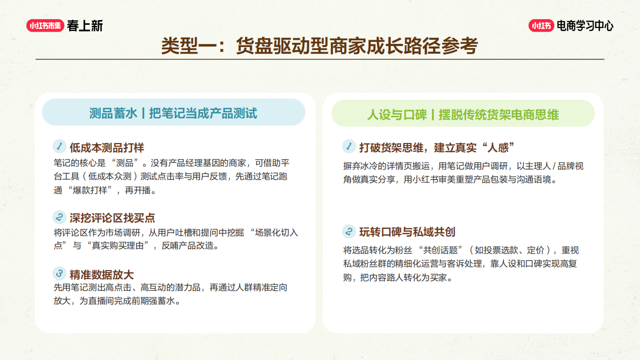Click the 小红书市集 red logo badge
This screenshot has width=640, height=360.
[45, 25]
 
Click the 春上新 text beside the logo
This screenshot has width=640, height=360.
[85, 25]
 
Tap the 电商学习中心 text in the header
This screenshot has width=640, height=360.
[585, 25]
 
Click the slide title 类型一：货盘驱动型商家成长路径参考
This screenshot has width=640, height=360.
[319, 45]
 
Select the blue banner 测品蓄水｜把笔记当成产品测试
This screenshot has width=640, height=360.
[173, 113]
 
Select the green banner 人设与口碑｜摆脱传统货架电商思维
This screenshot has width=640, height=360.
[463, 114]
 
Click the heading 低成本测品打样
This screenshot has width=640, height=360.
[107, 148]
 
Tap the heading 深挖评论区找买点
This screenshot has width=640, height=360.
[113, 218]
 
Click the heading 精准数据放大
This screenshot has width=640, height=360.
[102, 274]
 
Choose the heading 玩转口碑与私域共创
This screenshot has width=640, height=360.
[407, 232]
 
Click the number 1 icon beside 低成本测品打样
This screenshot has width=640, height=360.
[59, 146]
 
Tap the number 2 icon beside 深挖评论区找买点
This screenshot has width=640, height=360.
[59, 217]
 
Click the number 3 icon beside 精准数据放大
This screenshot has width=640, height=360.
[59, 273]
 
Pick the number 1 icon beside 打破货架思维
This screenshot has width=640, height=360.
[349, 147]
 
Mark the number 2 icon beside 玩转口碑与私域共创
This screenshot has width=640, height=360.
[349, 231]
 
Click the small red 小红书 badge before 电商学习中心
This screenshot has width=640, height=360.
[541, 25]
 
